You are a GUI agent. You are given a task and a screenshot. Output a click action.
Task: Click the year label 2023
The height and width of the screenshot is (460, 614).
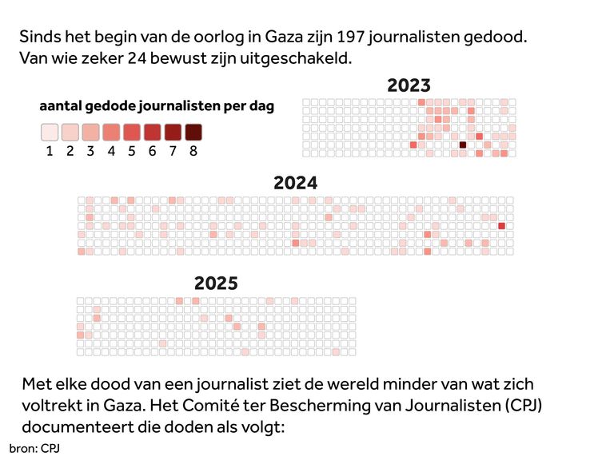(409, 85)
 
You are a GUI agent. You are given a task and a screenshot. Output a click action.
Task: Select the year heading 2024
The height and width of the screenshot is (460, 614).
(295, 183)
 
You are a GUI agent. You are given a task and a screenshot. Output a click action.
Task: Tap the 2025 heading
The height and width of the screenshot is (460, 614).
(216, 284)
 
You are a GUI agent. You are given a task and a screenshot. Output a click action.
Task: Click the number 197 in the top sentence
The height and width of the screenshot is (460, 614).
(352, 38)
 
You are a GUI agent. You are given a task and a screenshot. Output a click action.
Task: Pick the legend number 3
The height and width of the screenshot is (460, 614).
(90, 151)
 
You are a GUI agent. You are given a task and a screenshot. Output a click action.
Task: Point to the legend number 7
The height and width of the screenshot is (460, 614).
(173, 151)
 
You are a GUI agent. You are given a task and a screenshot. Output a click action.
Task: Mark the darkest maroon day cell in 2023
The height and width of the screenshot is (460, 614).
(463, 145)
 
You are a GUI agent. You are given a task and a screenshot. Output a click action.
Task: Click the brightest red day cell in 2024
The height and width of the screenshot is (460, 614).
(501, 226)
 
